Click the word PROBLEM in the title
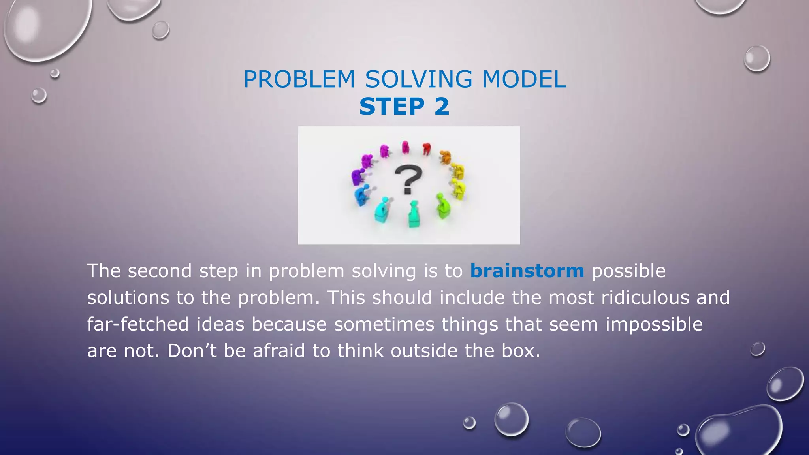pos(299,79)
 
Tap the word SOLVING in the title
pos(418,79)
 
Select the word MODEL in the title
pos(524,79)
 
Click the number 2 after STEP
pos(442,107)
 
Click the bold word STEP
pos(392,107)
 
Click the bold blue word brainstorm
pos(527,271)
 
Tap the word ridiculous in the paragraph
pos(645,297)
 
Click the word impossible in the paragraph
pos(654,324)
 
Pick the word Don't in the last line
pos(192,351)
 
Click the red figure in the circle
pos(426,149)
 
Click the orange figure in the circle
pos(445,157)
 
